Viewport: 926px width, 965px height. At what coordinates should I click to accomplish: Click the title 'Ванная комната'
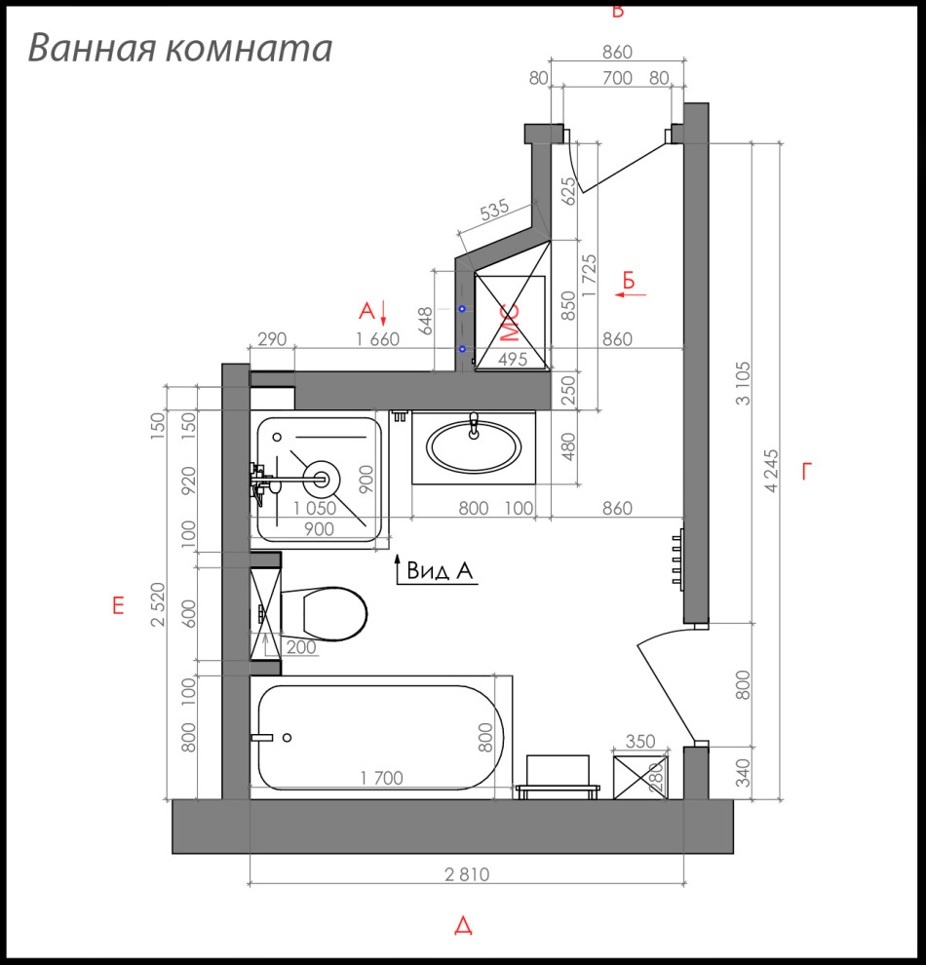click(x=180, y=48)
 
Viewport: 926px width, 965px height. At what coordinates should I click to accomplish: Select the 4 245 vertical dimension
click(x=772, y=471)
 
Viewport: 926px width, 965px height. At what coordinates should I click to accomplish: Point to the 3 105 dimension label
click(x=745, y=384)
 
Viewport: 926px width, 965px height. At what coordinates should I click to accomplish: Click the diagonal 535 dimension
click(x=495, y=210)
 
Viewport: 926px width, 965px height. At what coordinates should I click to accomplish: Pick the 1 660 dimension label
click(x=378, y=339)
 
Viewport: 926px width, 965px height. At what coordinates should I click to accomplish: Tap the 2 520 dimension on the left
click(x=159, y=604)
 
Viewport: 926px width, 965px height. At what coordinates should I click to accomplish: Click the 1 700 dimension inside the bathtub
click(x=381, y=778)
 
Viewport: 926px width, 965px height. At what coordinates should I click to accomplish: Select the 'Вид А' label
click(x=440, y=571)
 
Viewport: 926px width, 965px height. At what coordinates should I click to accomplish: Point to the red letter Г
click(x=806, y=473)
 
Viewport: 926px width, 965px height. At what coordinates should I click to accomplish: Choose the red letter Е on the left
click(x=118, y=606)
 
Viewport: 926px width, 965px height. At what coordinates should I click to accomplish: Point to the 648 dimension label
click(x=425, y=321)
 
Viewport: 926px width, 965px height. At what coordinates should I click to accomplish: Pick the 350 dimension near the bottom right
click(x=640, y=742)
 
